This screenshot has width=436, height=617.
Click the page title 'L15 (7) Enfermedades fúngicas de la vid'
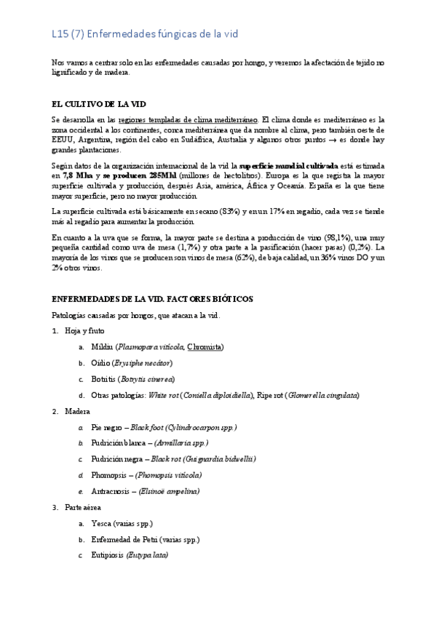click(145, 33)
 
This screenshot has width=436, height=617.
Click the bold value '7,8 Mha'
click(78, 175)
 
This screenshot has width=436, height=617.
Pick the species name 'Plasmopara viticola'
click(150, 346)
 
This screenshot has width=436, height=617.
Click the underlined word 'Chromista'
click(205, 346)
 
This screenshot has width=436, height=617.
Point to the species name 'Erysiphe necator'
click(143, 362)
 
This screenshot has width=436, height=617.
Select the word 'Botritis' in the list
click(104, 379)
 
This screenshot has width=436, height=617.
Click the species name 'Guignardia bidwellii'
click(218, 459)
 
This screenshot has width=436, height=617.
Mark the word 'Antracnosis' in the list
click(113, 491)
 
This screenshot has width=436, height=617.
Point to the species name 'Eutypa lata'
click(148, 555)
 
